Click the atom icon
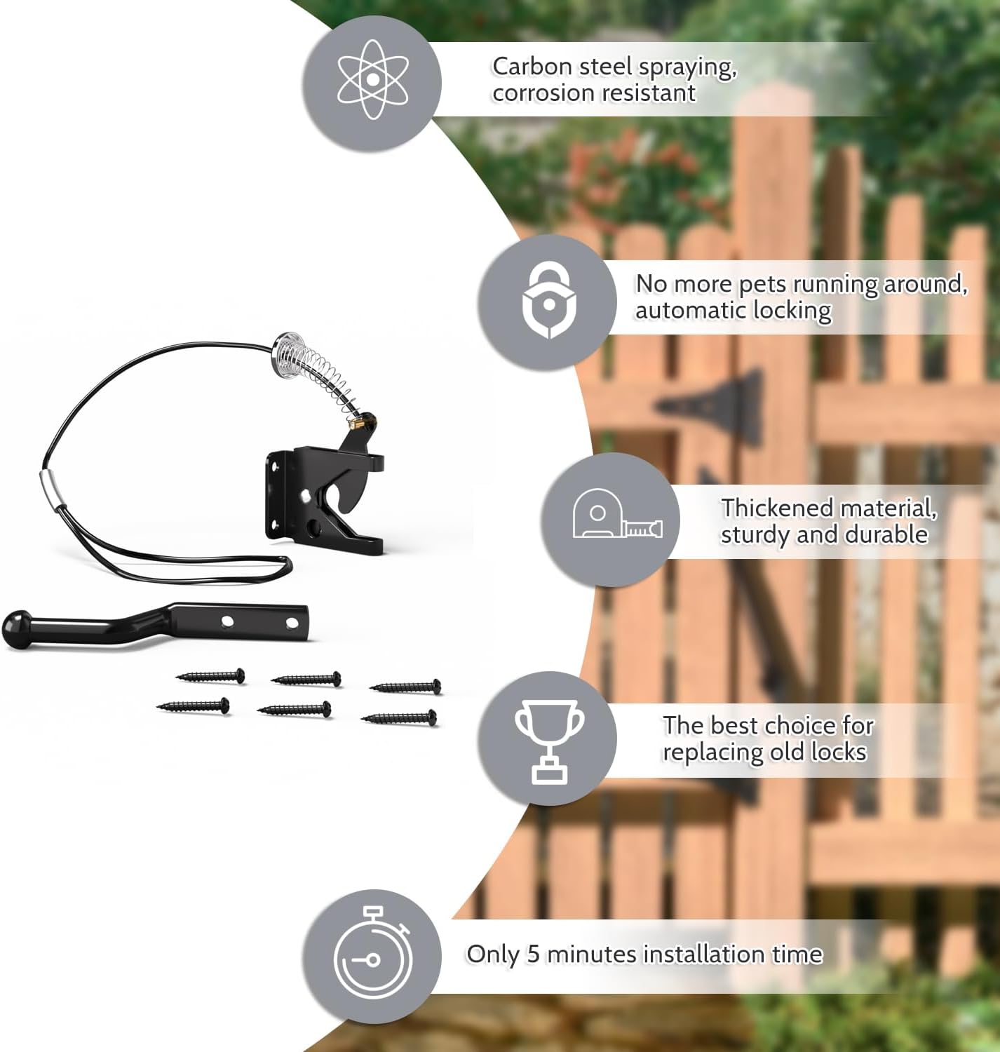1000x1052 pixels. pos(372,79)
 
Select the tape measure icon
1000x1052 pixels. pos(616,516)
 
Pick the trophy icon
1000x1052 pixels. pos(549,740)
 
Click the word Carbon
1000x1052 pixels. pos(532,67)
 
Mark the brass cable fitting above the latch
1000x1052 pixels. pos(360,422)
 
